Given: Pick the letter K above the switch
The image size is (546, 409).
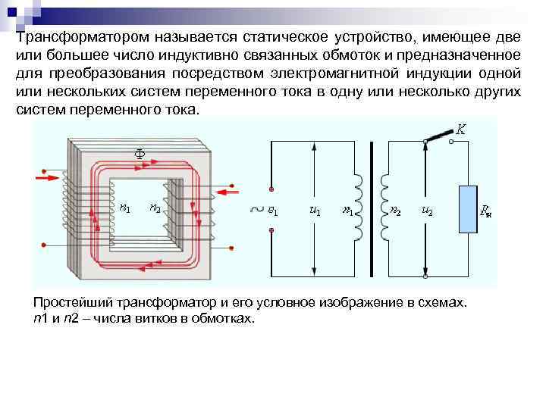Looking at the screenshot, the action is tap(460, 130).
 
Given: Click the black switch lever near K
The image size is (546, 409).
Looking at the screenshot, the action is tap(438, 136).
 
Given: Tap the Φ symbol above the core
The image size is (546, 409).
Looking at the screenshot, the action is tap(140, 152).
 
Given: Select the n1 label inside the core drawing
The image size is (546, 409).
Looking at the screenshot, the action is tap(124, 208).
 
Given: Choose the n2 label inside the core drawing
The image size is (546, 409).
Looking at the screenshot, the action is tap(154, 208).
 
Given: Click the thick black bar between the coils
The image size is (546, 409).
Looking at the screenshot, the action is tap(372, 208).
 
